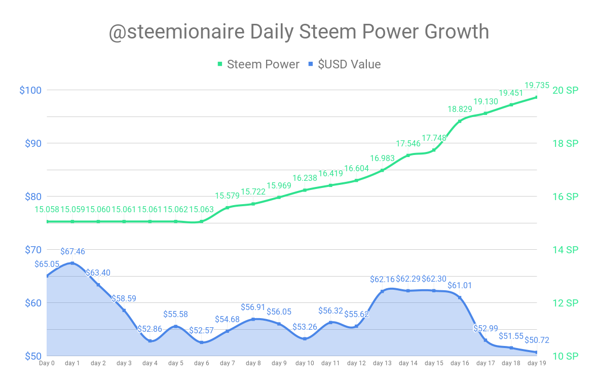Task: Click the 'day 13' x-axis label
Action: point(382,363)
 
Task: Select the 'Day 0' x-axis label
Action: point(47,363)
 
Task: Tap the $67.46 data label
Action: point(72,251)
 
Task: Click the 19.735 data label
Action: point(537,86)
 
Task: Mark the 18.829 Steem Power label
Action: point(460,109)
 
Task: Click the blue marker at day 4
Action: point(150,341)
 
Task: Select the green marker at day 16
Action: point(460,121)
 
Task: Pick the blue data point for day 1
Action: point(72,263)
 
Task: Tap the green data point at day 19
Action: point(537,97)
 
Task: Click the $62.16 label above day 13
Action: point(382,279)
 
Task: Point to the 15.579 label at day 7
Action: point(227,196)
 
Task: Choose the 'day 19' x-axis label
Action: point(537,363)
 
